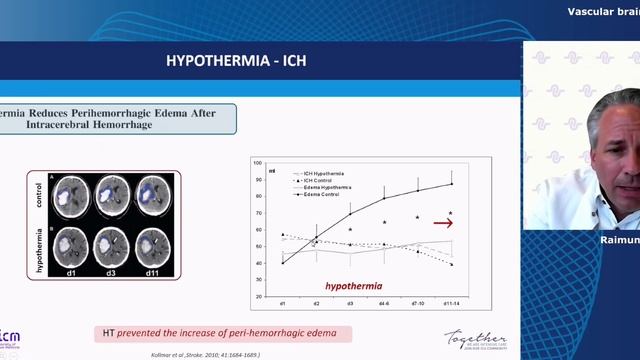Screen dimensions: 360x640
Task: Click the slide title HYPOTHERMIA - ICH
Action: pyautogui.click(x=237, y=61)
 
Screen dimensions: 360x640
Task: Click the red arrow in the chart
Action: pyautogui.click(x=443, y=223)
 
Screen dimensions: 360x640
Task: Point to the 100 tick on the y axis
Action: pyautogui.click(x=258, y=162)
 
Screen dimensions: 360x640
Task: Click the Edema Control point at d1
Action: pyautogui.click(x=282, y=263)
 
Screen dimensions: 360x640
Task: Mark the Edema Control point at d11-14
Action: pyautogui.click(x=451, y=184)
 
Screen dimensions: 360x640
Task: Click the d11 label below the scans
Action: pyautogui.click(x=154, y=271)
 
